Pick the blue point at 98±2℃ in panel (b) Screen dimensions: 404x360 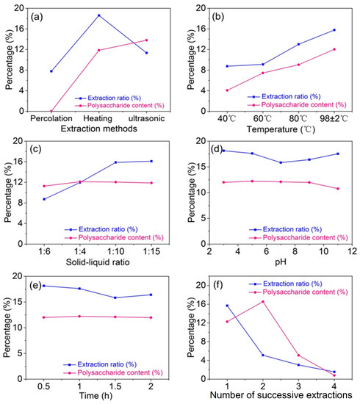(x=334, y=29)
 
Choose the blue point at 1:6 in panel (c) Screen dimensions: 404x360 (x=44, y=199)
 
